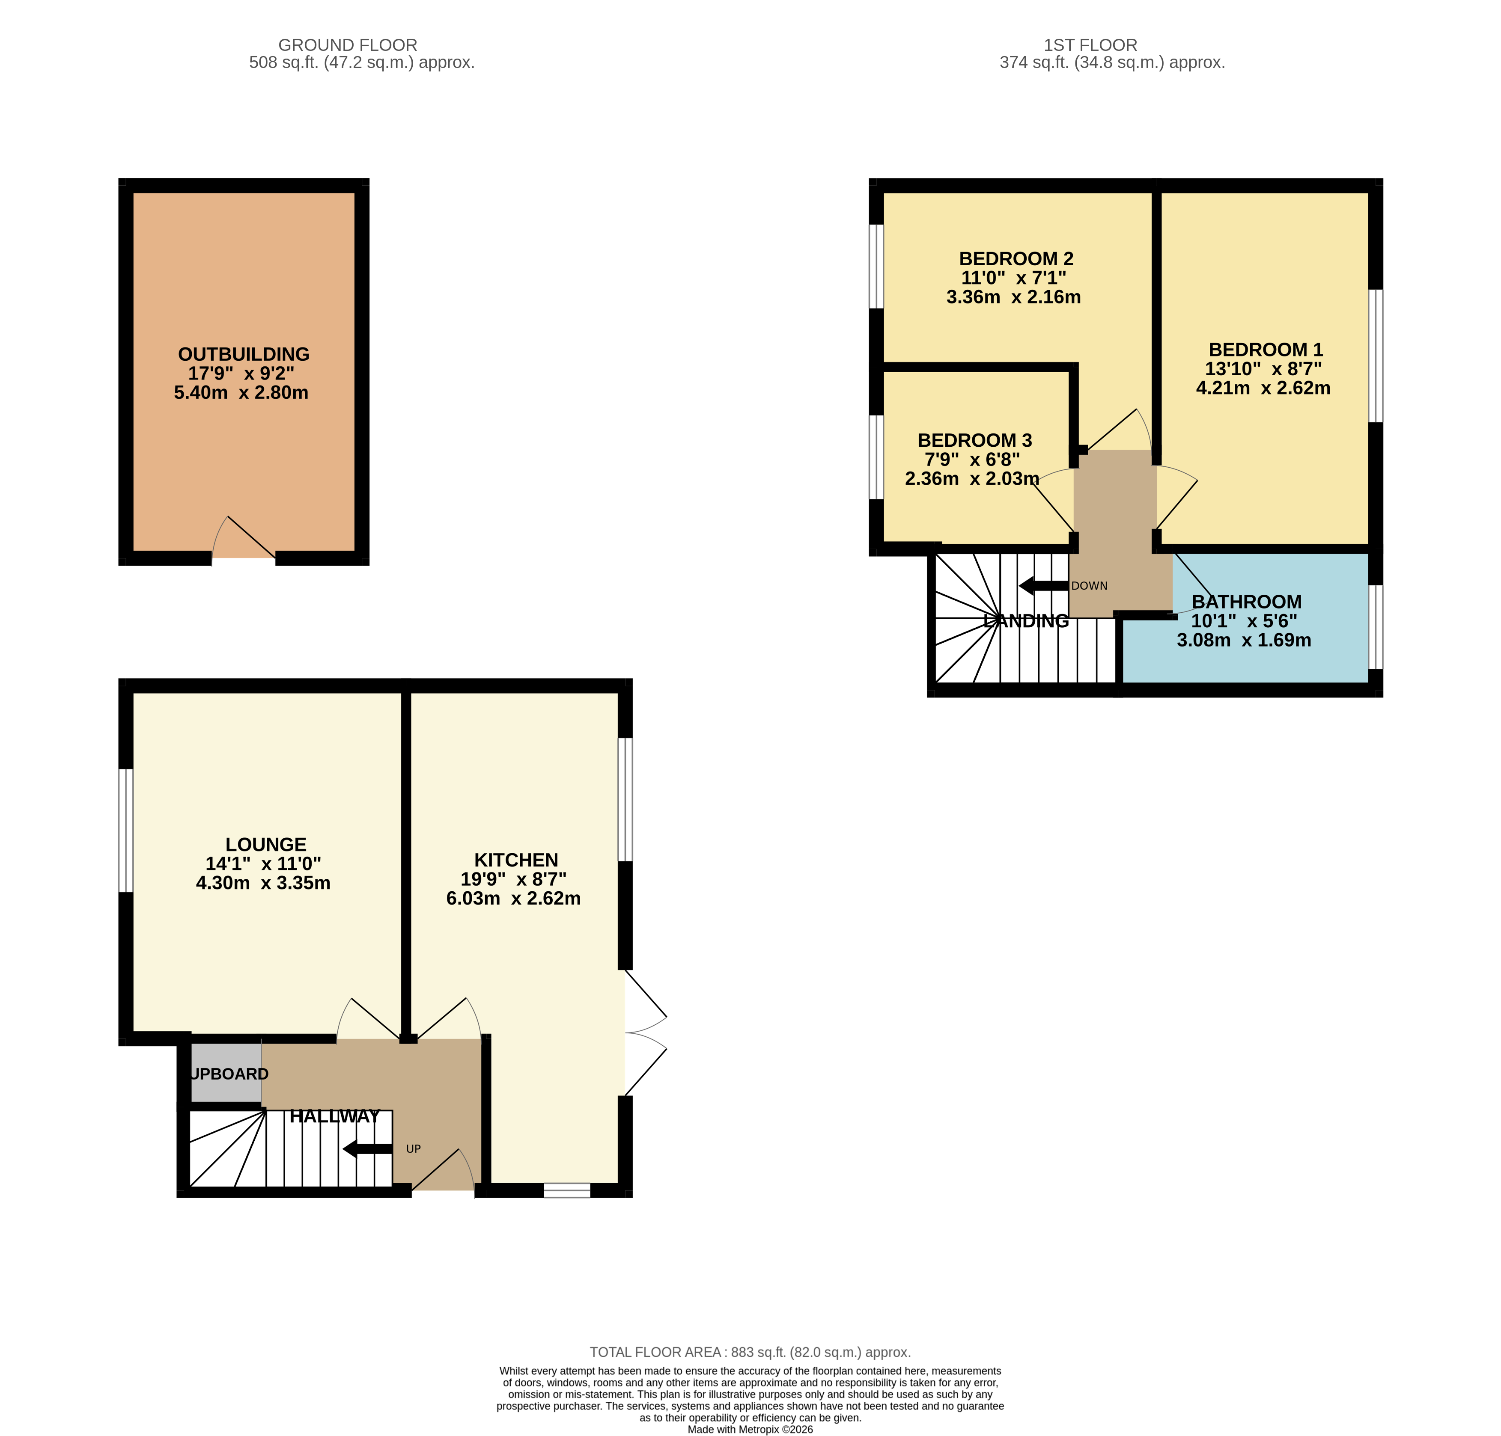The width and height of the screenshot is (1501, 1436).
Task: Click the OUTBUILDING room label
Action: click(x=244, y=354)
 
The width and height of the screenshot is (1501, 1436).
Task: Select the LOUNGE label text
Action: click(x=266, y=844)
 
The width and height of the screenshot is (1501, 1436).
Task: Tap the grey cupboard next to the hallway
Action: click(x=226, y=1072)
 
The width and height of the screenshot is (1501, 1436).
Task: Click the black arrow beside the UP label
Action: click(x=368, y=1148)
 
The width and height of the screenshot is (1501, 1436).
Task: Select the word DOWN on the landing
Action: click(x=1089, y=586)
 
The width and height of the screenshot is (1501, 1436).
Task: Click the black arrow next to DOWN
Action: click(x=1043, y=586)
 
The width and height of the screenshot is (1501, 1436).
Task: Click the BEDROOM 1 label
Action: click(x=1265, y=350)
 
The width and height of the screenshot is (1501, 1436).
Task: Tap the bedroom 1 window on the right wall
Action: click(x=1376, y=356)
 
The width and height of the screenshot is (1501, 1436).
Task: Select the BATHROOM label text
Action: click(x=1247, y=602)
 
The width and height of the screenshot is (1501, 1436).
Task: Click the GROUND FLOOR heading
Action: click(x=348, y=45)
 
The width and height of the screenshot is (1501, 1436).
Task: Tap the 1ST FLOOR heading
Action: click(x=1090, y=45)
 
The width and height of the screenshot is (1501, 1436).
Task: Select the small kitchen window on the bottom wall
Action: click(x=567, y=1190)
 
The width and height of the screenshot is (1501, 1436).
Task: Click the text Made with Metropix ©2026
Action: click(x=750, y=1429)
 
